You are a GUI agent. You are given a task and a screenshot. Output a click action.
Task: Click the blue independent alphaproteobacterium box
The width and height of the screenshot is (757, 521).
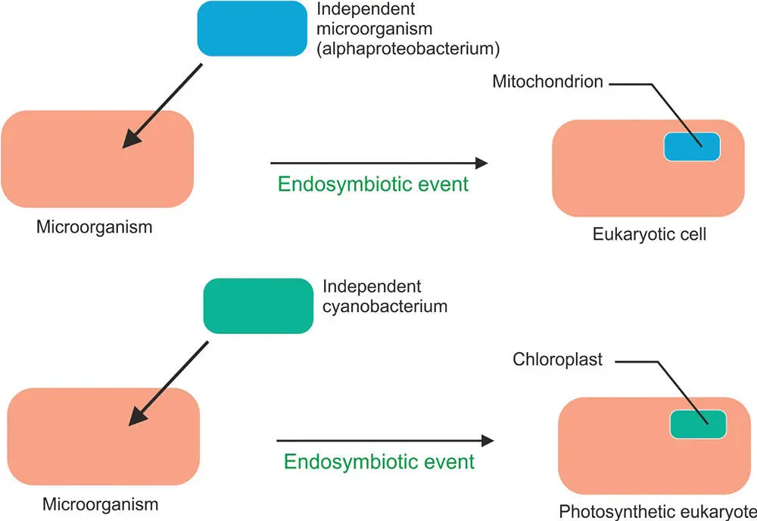(x=250, y=28)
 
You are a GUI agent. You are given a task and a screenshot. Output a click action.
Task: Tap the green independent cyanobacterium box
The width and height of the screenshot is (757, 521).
(x=258, y=306)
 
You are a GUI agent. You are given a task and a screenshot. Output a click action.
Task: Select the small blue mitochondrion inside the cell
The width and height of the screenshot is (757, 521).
(x=691, y=145)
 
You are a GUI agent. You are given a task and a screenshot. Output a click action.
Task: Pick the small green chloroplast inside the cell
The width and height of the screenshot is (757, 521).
(x=698, y=423)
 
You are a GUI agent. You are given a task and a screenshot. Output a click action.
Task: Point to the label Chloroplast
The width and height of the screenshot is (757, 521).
(x=556, y=360)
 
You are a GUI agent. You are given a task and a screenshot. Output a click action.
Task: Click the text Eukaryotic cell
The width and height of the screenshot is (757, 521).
(x=650, y=234)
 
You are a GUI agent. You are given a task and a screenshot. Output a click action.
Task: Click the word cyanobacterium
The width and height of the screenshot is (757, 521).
(x=385, y=307)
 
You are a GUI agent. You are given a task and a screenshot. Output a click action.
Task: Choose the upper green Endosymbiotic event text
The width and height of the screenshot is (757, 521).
(x=373, y=184)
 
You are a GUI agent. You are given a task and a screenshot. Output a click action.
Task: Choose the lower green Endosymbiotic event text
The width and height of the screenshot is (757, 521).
(x=379, y=460)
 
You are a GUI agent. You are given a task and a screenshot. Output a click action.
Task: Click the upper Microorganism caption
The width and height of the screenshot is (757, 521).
(x=94, y=226)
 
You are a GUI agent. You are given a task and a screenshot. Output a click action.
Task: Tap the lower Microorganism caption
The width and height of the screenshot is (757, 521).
(x=100, y=504)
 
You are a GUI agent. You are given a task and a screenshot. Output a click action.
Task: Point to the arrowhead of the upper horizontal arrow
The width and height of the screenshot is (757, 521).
(x=480, y=162)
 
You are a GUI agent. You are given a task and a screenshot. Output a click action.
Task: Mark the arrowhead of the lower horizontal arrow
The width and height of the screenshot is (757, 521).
(x=486, y=440)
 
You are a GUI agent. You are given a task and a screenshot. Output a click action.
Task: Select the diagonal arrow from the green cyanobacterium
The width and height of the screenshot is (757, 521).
(x=168, y=382)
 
